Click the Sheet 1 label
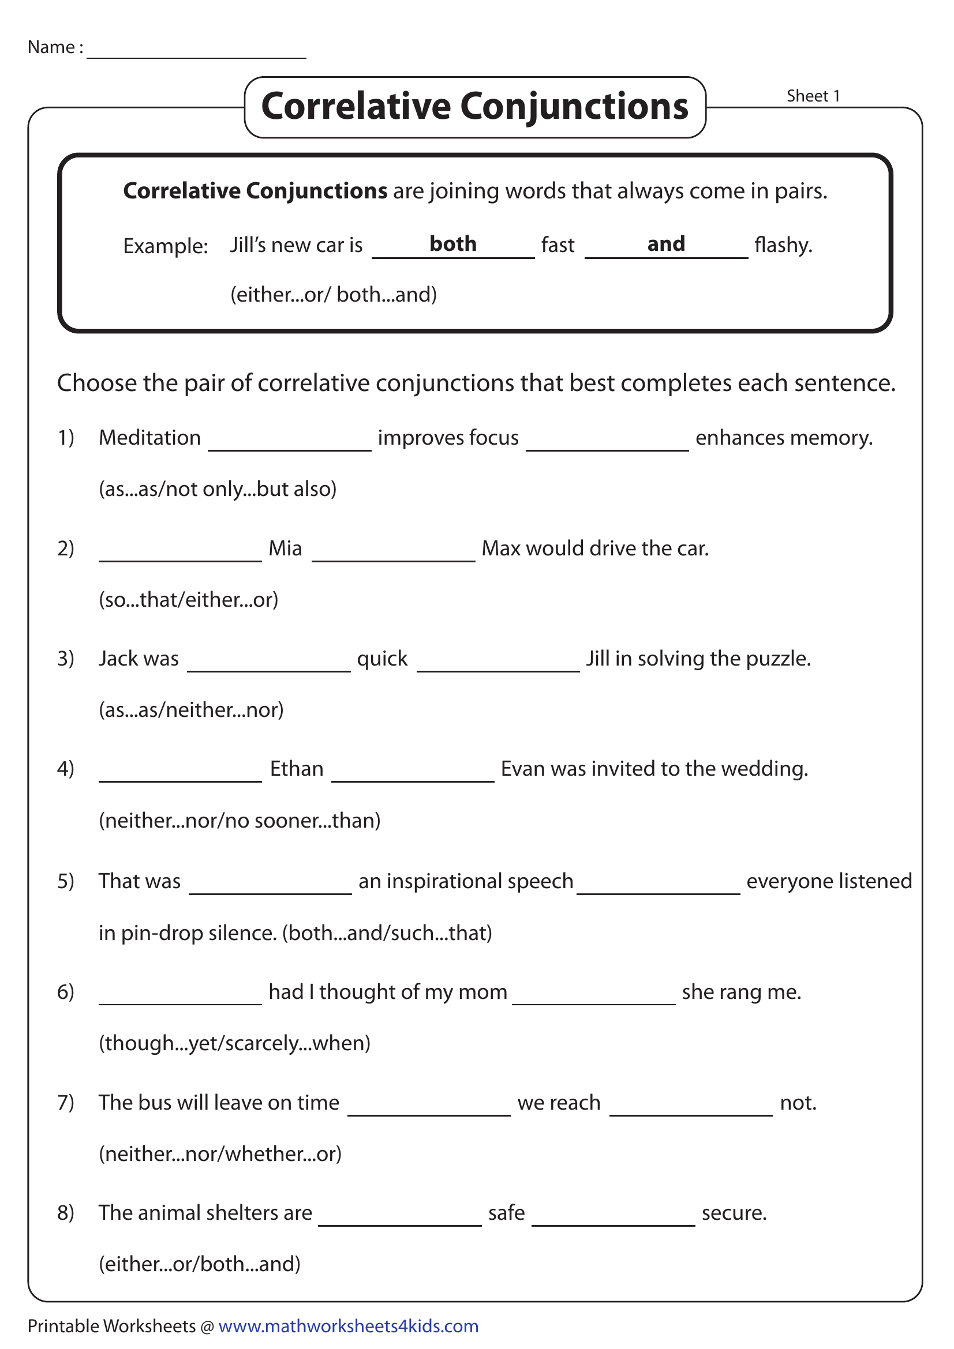[x=813, y=96]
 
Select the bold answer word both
[x=452, y=244]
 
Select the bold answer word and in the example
[x=665, y=244]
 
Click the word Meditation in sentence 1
[x=149, y=438]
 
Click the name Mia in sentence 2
[x=285, y=548]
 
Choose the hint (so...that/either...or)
[x=188, y=599]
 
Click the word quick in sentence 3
[x=382, y=659]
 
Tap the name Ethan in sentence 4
[x=296, y=768]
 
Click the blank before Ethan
[x=180, y=773]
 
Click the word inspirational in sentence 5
[x=446, y=881]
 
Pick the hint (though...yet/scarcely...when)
[x=234, y=1043]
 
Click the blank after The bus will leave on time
[x=428, y=1106]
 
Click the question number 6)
[x=66, y=992]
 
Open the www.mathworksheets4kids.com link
[x=348, y=1326]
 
